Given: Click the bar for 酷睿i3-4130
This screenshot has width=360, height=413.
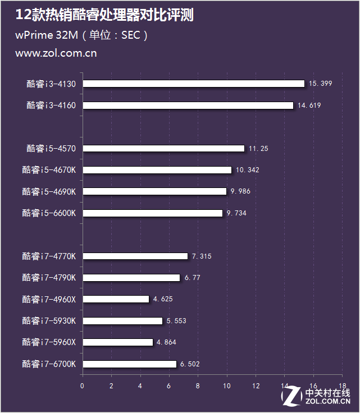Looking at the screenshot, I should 193,84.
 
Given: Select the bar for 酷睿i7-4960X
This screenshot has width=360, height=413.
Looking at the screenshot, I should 116,299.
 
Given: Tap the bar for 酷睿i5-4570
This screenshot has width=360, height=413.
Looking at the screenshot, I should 163,148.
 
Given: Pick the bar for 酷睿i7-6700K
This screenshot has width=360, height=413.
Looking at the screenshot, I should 129,364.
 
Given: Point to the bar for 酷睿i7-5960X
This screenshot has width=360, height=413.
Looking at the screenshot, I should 117,342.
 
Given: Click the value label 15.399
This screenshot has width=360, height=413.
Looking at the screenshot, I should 321,84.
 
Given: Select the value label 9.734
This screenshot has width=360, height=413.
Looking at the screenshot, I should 236,213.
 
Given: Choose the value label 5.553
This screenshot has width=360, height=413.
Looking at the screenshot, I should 176,321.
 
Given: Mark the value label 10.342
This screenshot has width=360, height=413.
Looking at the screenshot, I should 247,170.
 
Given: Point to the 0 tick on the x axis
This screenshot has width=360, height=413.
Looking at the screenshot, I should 83,386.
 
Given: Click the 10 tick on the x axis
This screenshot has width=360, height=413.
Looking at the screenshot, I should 227,386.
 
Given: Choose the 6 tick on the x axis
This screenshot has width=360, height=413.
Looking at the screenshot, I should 169,386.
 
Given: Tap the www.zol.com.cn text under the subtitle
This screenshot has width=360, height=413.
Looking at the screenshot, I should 56,54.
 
